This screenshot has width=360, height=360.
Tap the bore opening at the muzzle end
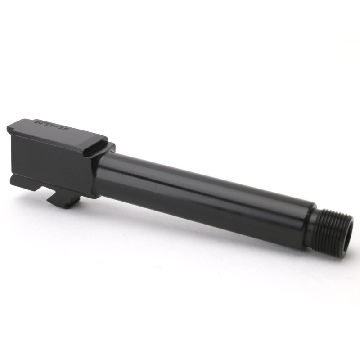pos(347,234)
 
